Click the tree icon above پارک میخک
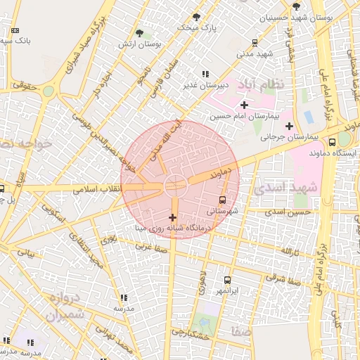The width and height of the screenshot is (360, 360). pos(196,17)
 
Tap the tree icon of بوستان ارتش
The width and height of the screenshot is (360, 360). pos(139,33)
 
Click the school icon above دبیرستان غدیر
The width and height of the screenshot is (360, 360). pos(205,74)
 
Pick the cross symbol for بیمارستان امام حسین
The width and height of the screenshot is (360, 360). pos(244,105)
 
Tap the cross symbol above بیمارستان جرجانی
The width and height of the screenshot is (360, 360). pos(289,126)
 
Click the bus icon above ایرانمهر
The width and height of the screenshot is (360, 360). pos(227,280)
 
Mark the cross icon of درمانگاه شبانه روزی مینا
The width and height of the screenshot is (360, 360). pos(173,217)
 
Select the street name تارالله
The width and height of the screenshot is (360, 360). pos(291,251)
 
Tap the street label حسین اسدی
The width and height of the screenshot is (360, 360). pos(293,212)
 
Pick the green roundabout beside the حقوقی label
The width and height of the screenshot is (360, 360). pos(48,91)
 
